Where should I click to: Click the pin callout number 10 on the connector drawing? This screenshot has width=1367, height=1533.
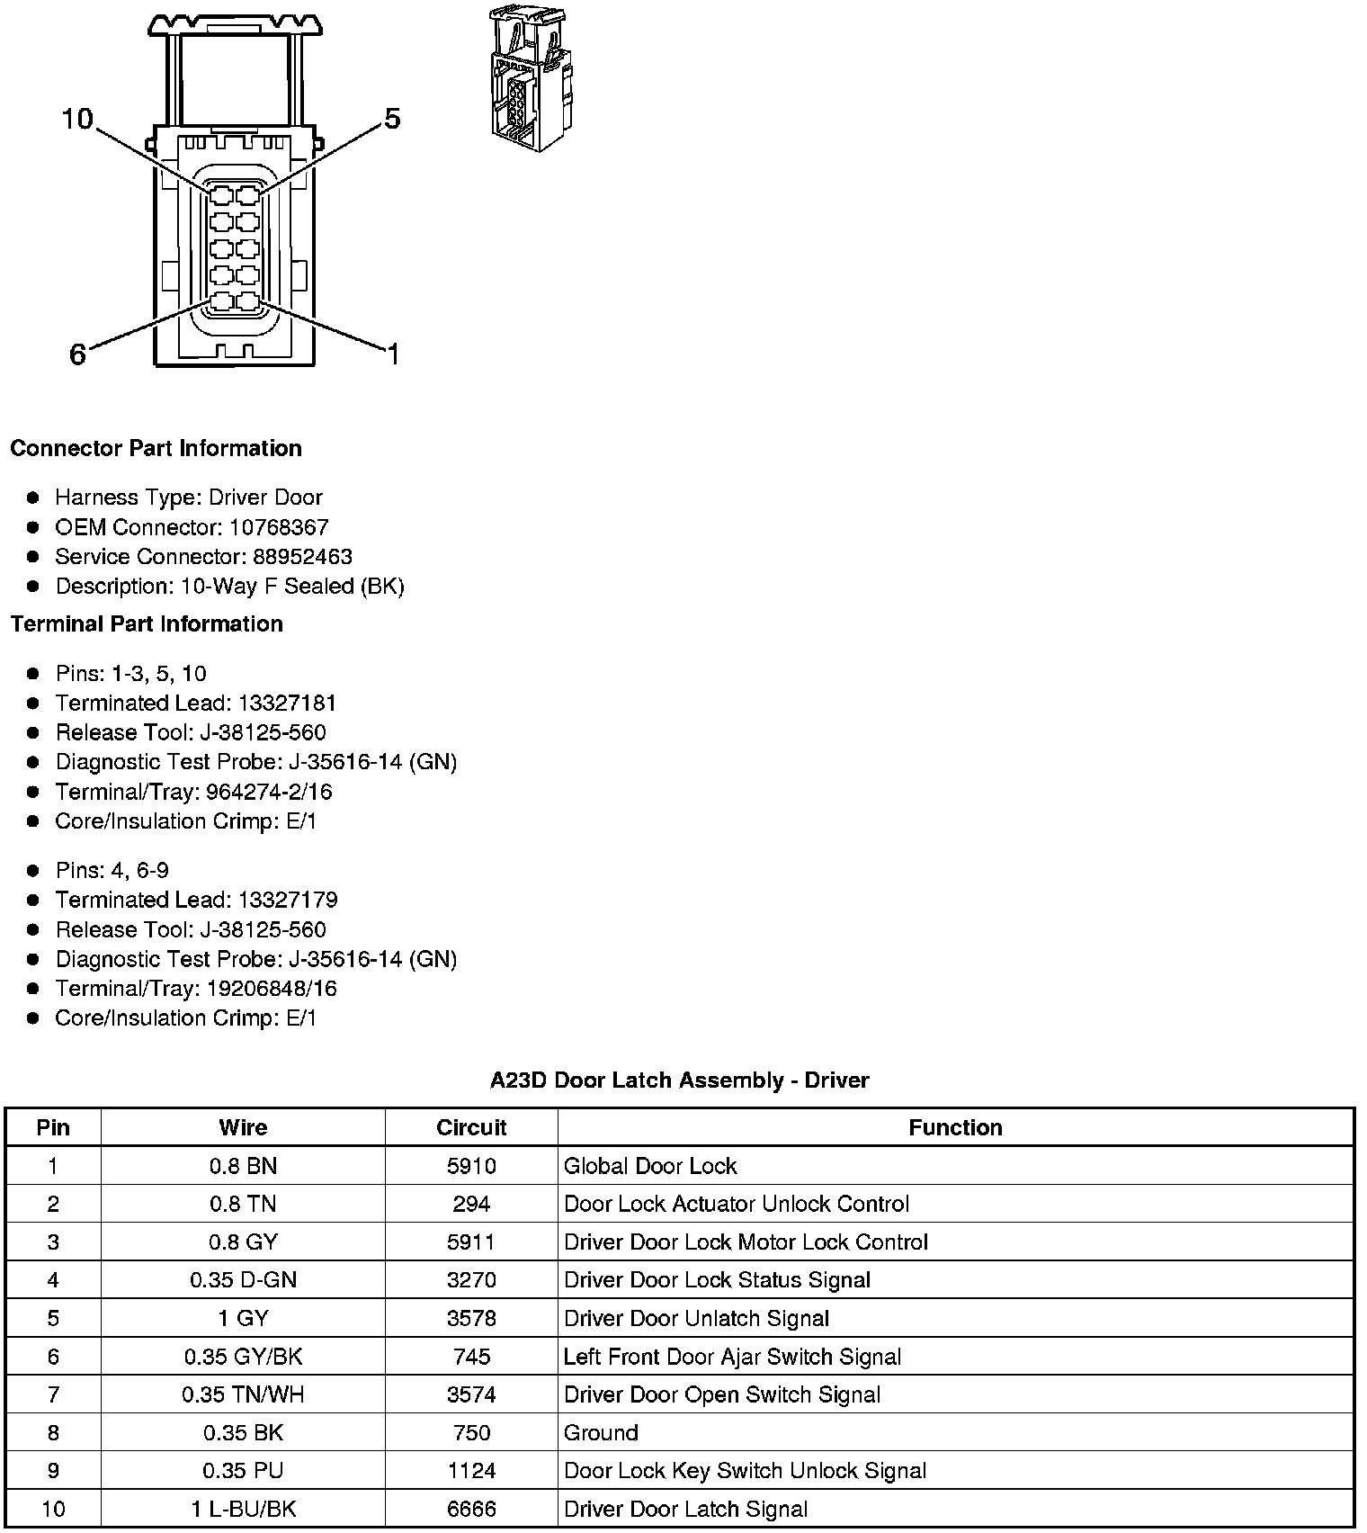coord(77,119)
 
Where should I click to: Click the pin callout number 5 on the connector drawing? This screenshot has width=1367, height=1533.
coord(392,119)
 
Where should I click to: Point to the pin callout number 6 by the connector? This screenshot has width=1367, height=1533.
coord(78,354)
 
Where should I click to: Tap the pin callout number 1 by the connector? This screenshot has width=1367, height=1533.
coord(392,354)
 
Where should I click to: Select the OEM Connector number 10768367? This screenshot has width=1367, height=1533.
coord(279,527)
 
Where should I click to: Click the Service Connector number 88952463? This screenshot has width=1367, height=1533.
coord(302,557)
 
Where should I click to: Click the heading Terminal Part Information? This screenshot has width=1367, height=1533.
coord(147,623)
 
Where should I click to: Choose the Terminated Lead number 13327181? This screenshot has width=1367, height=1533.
coord(287,703)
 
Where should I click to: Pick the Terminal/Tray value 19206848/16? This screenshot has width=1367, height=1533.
coord(272,989)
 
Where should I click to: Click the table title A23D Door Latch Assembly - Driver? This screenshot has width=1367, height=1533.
coord(679,1080)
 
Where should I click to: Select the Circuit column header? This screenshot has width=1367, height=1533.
coord(471,1127)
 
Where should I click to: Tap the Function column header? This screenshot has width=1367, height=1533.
coord(955,1127)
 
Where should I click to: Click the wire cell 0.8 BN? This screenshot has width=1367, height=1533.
coord(243,1166)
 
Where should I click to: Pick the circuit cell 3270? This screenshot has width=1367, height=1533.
coord(471,1280)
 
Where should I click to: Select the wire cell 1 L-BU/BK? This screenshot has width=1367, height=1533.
coord(243,1509)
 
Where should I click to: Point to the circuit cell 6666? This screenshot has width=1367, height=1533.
coord(471,1509)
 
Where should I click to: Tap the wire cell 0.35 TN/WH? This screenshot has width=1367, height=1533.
coord(243,1394)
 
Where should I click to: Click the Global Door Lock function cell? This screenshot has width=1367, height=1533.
coord(649,1166)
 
